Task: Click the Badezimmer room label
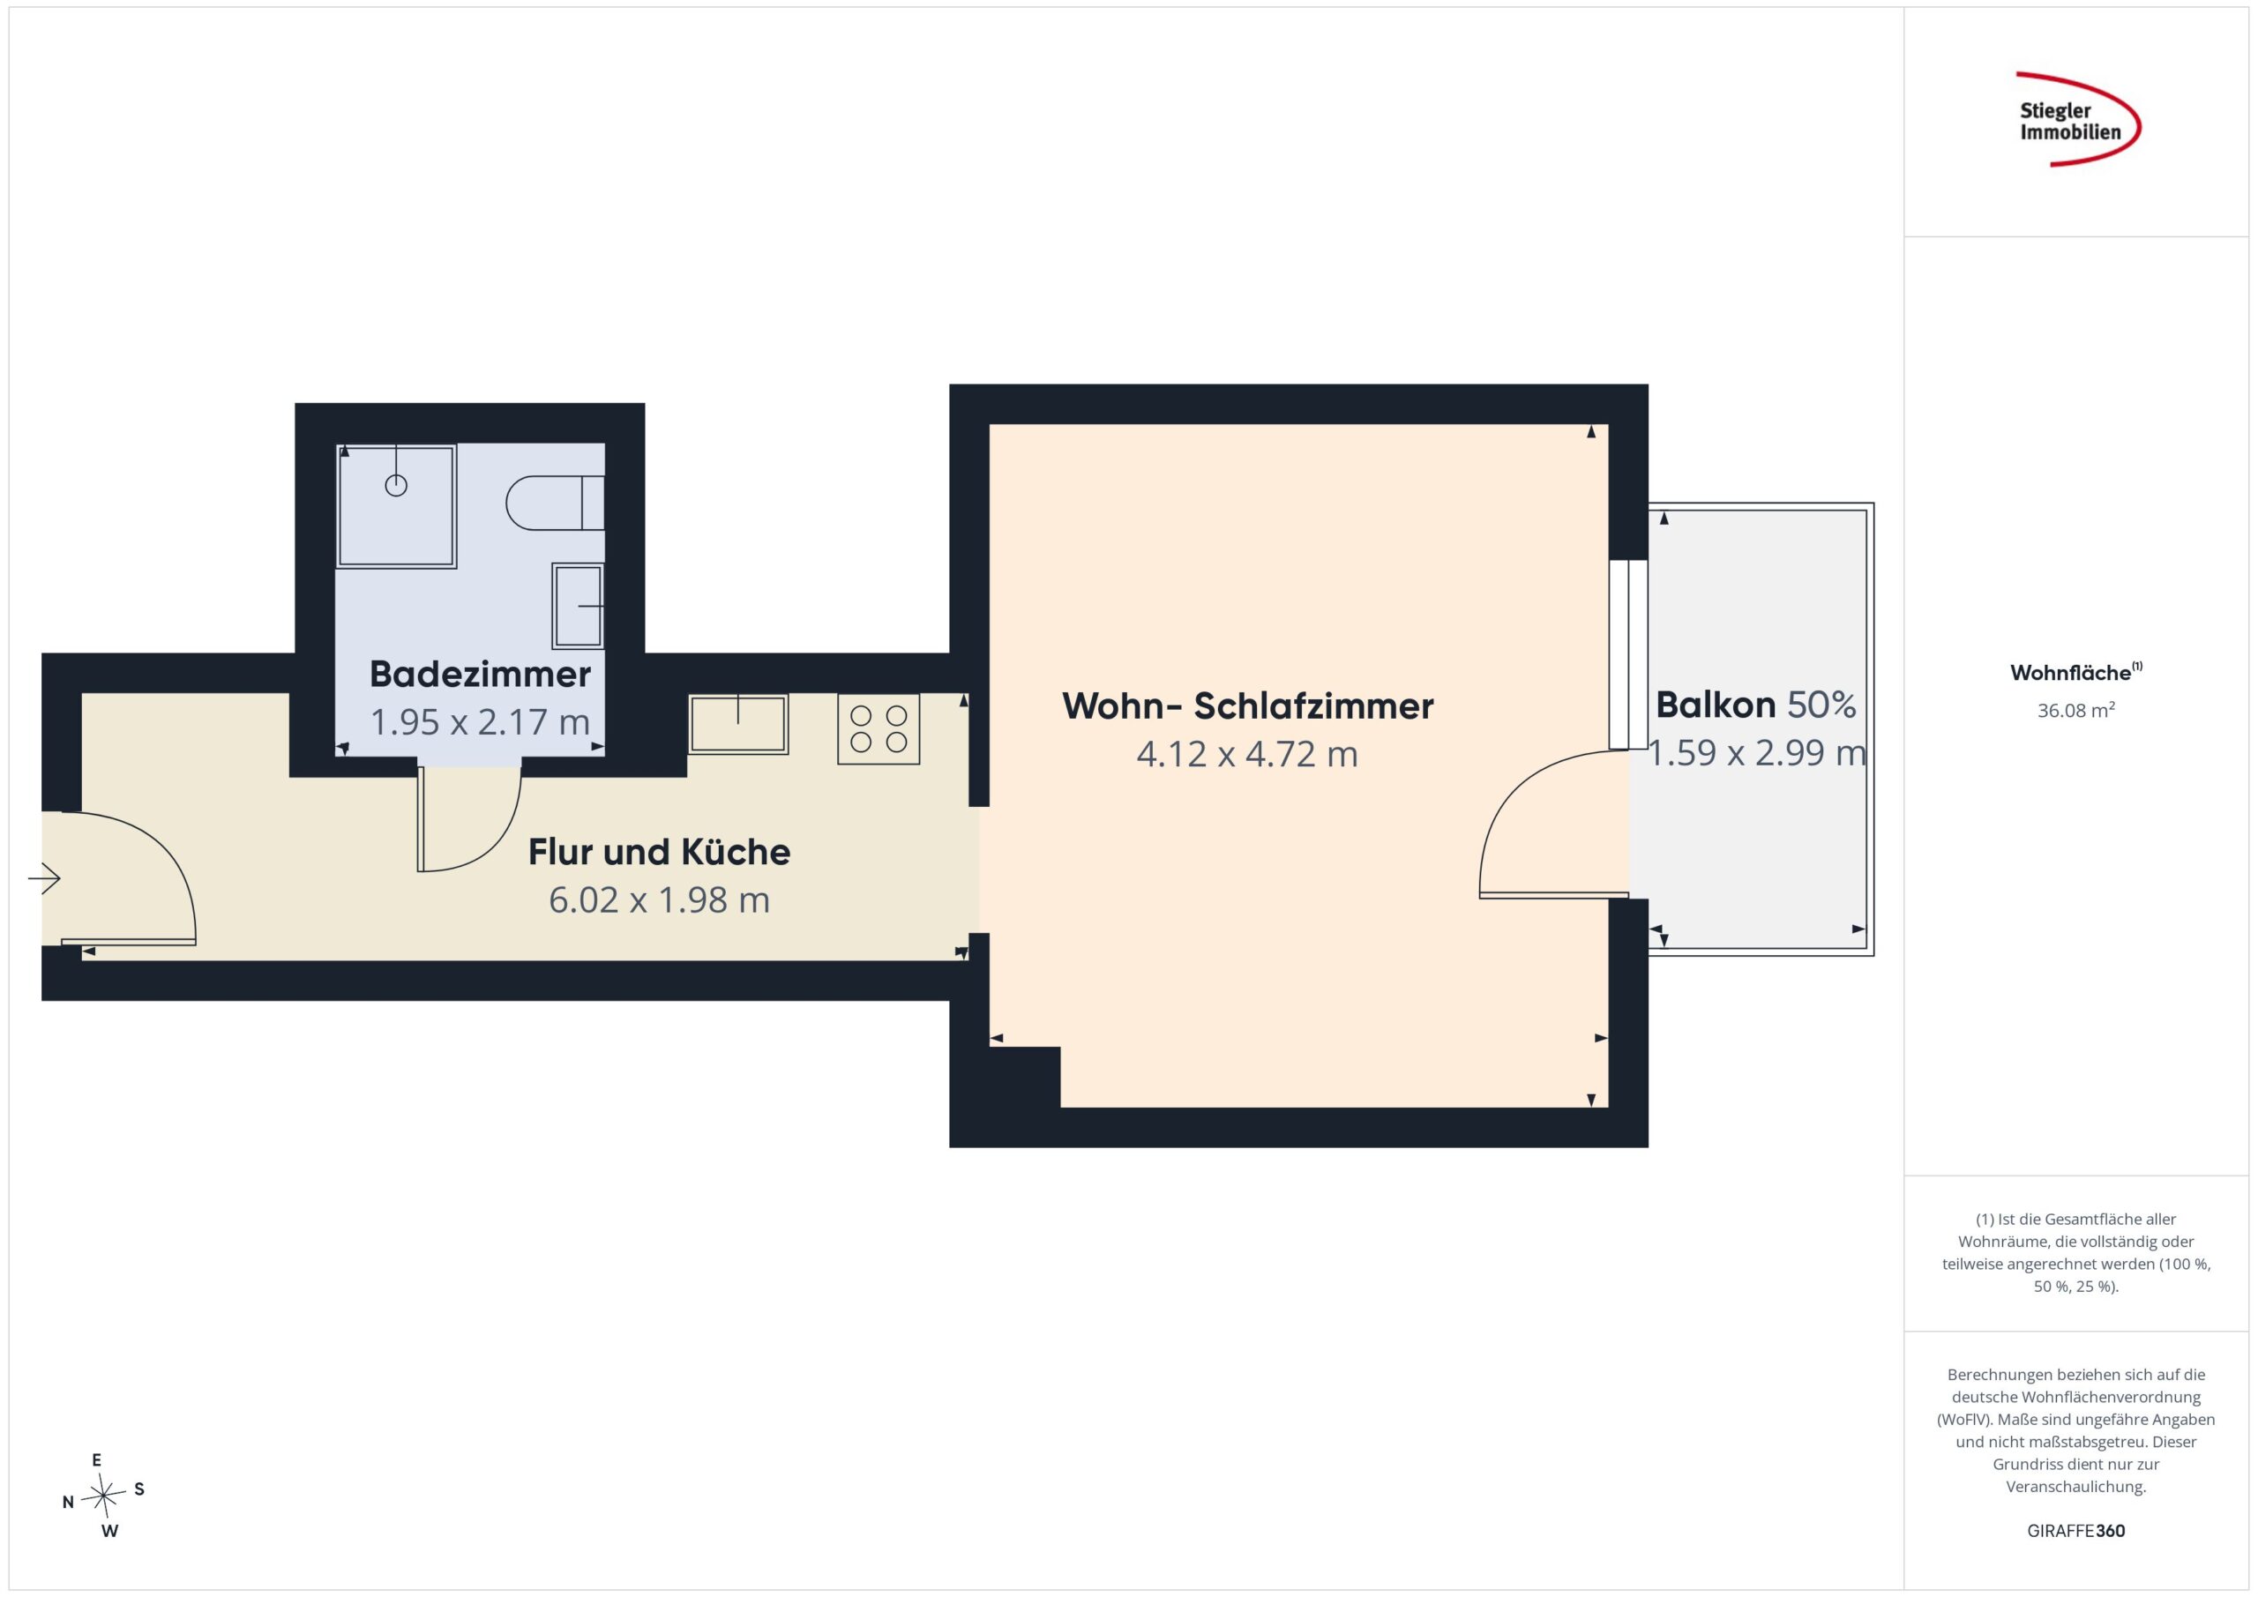coord(480,675)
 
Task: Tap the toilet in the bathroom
coord(555,503)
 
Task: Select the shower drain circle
coord(396,485)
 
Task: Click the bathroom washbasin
coord(579,606)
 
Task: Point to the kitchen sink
coord(737,724)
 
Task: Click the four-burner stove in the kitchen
coord(879,728)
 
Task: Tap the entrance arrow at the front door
coord(44,878)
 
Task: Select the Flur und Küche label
coord(659,852)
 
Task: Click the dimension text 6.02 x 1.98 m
coord(659,899)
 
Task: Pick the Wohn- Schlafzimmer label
coord(1248,706)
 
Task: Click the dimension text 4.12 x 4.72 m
coord(1247,754)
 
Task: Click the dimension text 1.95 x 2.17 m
coord(480,723)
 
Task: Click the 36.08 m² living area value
coord(2076,710)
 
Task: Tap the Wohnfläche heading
coord(2076,673)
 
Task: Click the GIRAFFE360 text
coord(2076,1531)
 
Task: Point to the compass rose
coord(103,1496)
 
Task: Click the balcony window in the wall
coord(1628,655)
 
